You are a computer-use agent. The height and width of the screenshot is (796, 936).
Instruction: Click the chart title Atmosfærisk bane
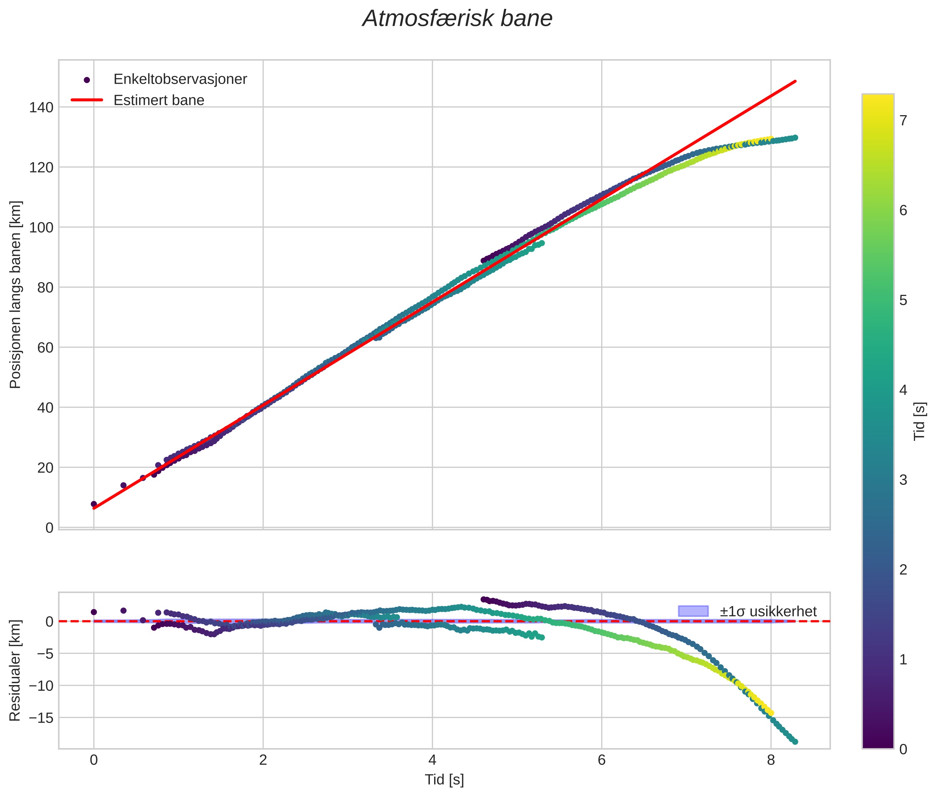457,19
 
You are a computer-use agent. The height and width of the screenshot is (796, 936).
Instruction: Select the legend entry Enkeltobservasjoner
180,79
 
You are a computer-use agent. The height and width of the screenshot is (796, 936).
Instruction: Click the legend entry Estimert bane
159,100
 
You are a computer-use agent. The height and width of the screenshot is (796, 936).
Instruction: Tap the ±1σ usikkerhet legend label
768,611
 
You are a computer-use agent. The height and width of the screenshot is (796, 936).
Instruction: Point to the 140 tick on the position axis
41,107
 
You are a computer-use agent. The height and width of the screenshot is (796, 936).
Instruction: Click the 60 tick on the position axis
45,347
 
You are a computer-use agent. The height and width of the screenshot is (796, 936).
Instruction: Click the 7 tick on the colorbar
903,120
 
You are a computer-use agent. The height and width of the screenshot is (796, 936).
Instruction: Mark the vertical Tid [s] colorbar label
919,421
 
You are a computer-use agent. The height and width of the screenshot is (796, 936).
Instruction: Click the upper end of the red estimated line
795,81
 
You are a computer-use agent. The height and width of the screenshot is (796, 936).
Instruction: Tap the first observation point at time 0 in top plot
94,504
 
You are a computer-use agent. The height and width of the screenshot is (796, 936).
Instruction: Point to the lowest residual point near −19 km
795,742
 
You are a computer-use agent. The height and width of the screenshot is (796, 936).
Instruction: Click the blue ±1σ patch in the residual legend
693,611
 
